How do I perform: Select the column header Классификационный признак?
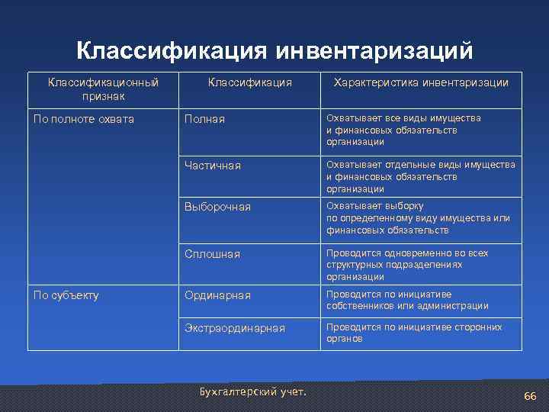pyautogui.click(x=104, y=89)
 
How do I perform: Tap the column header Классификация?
pyautogui.click(x=250, y=82)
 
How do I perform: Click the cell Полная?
pyautogui.click(x=205, y=120)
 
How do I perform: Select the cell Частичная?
pyautogui.click(x=213, y=166)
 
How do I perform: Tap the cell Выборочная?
pyautogui.click(x=218, y=207)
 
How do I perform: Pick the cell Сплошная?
pyautogui.click(x=213, y=253)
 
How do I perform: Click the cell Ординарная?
pyautogui.click(x=218, y=295)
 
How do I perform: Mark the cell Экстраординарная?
pyautogui.click(x=235, y=328)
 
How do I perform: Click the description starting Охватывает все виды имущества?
pyautogui.click(x=403, y=130)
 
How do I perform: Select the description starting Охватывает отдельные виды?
pyautogui.click(x=420, y=176)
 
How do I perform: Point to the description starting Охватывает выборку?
pyautogui.click(x=418, y=217)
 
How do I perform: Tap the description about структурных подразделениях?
pyautogui.click(x=407, y=265)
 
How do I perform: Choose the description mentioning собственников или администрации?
pyautogui.click(x=407, y=300)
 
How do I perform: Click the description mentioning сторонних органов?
pyautogui.click(x=414, y=333)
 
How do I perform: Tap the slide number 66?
pyautogui.click(x=530, y=397)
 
